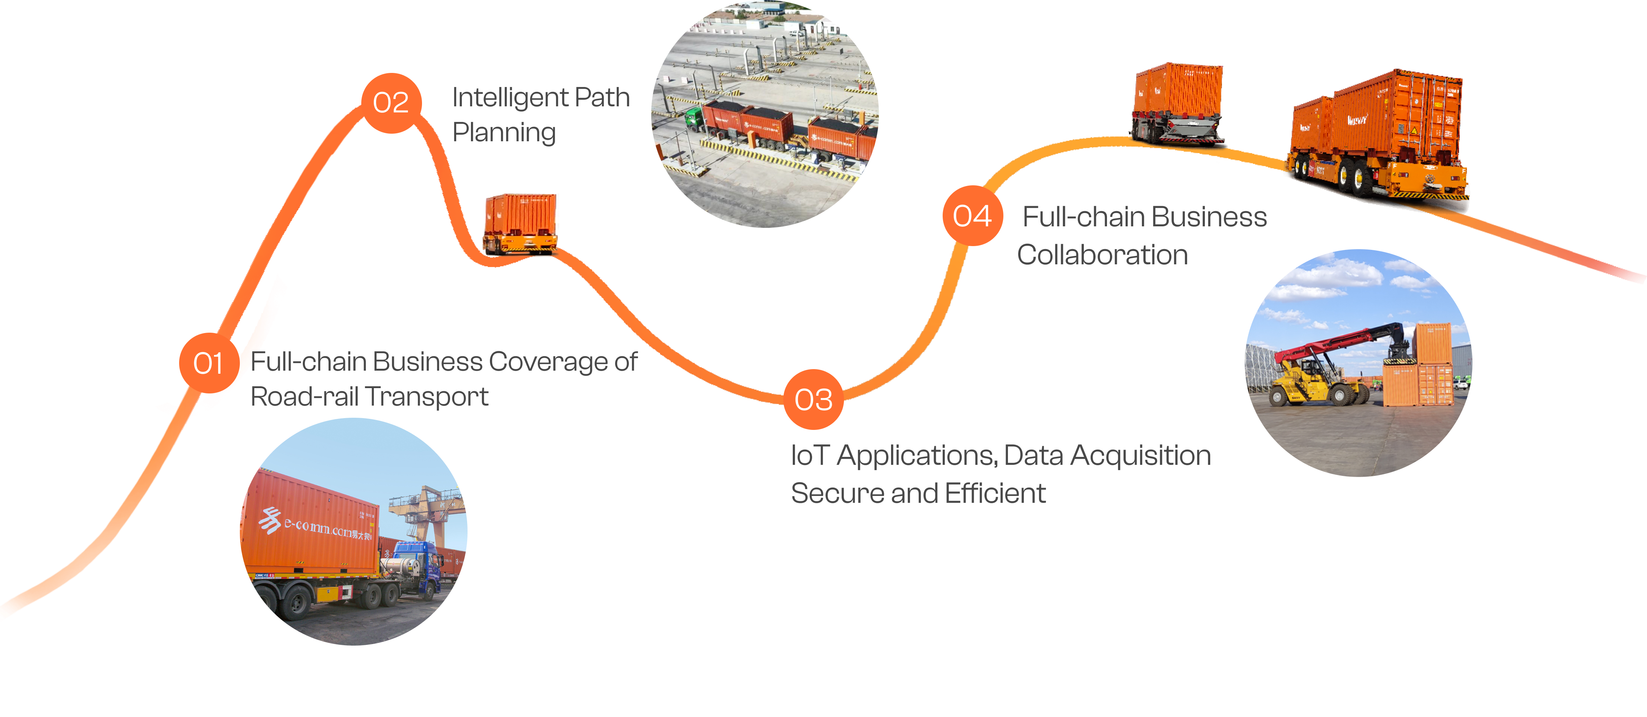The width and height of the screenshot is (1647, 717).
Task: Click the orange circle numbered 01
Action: pos(208,363)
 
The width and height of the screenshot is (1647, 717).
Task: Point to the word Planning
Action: pos(504,133)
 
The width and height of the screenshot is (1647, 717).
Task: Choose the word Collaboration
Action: pos(1102,254)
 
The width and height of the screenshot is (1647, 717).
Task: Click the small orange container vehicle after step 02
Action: pos(520,224)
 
